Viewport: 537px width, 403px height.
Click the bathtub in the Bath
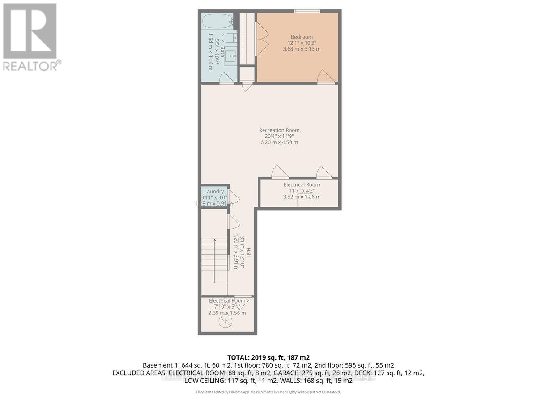[x=217, y=20]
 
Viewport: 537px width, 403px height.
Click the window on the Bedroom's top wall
[x=307, y=11]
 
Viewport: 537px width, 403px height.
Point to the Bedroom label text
[x=302, y=37]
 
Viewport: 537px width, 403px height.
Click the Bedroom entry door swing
[x=326, y=77]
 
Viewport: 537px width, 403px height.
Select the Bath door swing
[x=226, y=79]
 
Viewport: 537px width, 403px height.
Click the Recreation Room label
[x=279, y=130]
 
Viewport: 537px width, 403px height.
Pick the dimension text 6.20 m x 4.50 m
[x=279, y=142]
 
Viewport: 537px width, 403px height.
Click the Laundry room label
[x=214, y=191]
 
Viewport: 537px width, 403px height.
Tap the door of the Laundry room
[x=234, y=197]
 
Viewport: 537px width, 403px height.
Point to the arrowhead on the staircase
[x=214, y=241]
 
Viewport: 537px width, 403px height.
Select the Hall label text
[x=248, y=253]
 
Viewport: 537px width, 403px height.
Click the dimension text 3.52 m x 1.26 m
[x=302, y=197]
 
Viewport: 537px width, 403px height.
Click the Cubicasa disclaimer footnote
[x=268, y=392]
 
